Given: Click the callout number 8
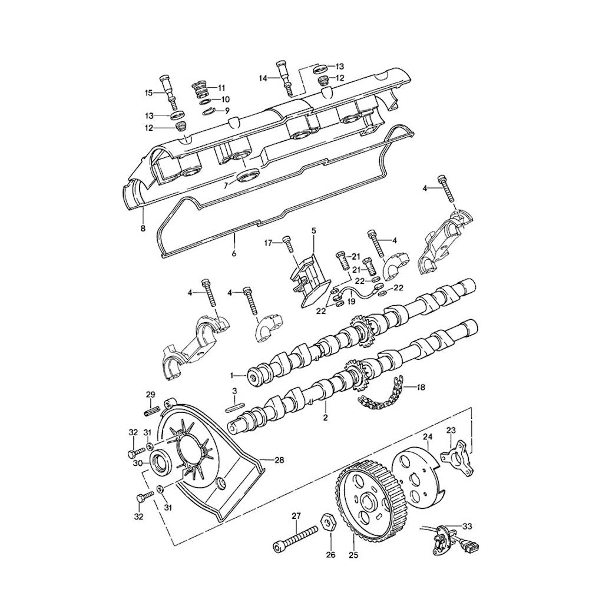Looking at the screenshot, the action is (x=143, y=228).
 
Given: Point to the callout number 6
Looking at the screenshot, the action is (x=234, y=253).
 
